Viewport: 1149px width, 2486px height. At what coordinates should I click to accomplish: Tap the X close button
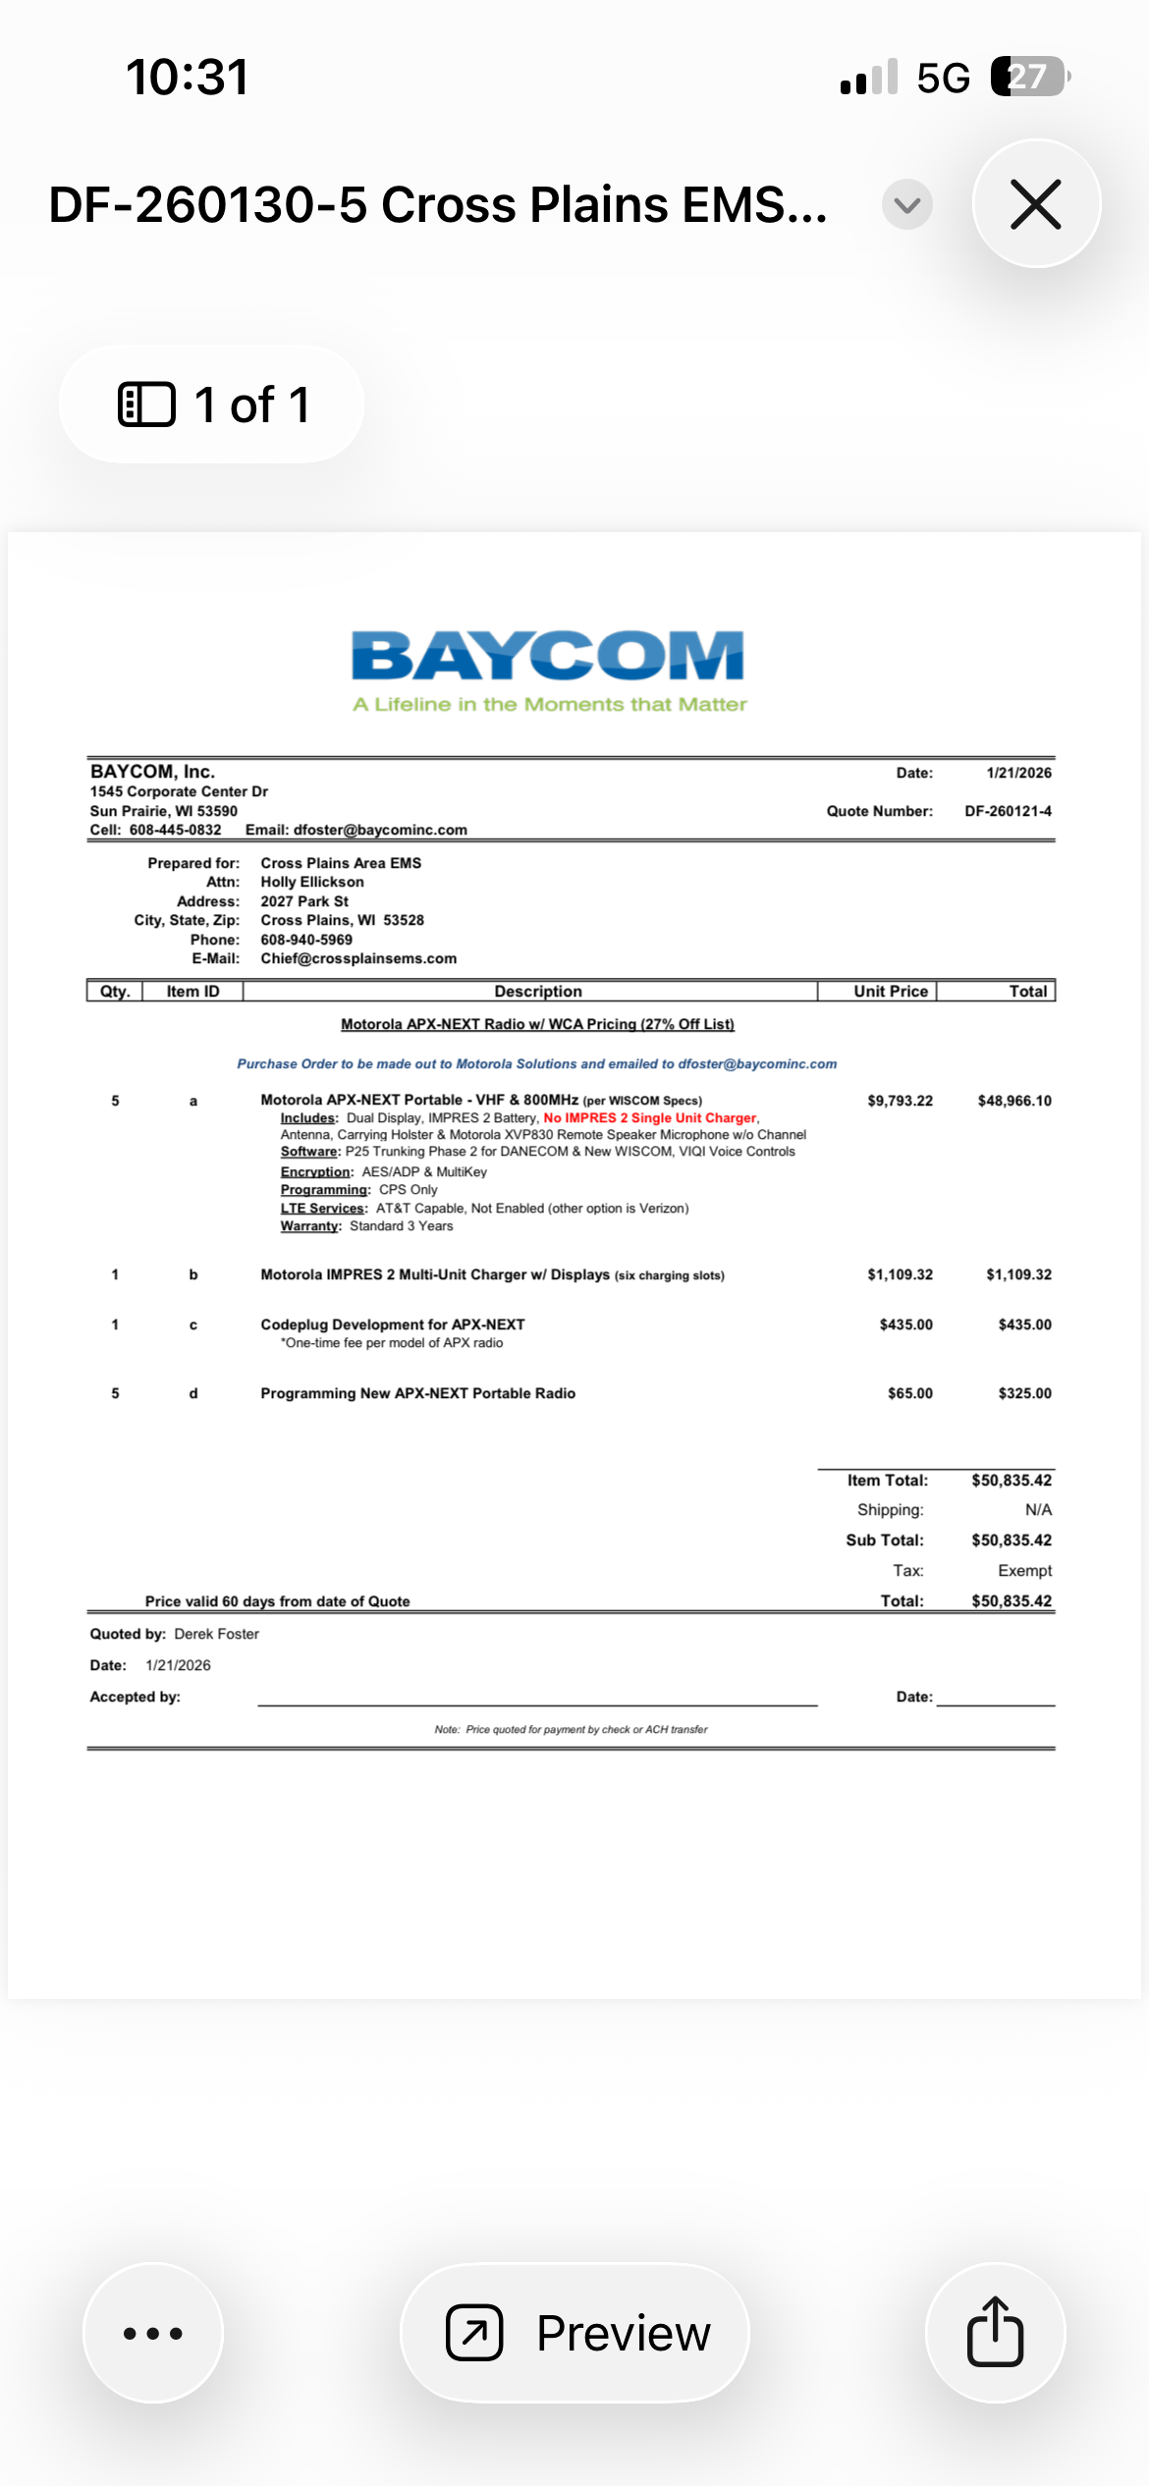(1036, 204)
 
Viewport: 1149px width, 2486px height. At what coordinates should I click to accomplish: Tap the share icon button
(995, 2333)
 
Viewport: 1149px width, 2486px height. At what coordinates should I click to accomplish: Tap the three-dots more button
(153, 2333)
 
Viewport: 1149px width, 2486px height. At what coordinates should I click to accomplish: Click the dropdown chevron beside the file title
(906, 204)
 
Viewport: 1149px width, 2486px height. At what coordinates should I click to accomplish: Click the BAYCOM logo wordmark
(548, 656)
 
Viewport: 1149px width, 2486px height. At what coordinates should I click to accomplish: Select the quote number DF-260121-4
(1008, 811)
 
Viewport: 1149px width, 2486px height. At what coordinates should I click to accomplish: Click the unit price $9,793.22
(900, 1101)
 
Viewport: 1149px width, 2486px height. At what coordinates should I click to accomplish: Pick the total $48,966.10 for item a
(1014, 1101)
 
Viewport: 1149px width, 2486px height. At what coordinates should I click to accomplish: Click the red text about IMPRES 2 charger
(650, 1118)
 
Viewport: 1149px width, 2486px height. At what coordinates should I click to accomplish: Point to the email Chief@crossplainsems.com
(358, 958)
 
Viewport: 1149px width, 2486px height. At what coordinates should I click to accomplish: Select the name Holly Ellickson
(312, 882)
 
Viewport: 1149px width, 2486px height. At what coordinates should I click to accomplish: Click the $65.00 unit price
(910, 1393)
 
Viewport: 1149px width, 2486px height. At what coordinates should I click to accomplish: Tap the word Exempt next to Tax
(1024, 1571)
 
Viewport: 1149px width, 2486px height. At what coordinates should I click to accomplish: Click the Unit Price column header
(891, 992)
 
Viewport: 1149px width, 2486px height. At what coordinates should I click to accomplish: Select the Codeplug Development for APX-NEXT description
(393, 1324)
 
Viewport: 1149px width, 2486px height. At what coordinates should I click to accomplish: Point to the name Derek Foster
(216, 1634)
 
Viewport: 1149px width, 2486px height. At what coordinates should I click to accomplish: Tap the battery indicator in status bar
(1029, 77)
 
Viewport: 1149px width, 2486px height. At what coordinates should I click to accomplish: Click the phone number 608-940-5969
(306, 940)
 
